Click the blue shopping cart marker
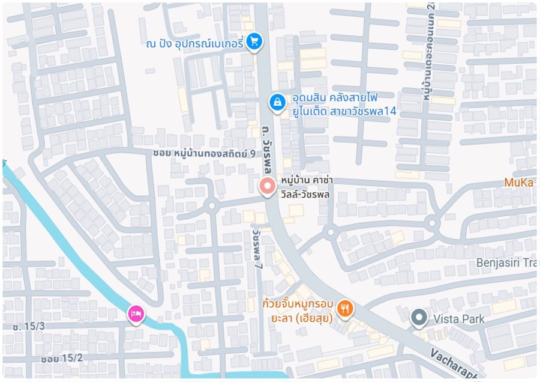click(x=254, y=41)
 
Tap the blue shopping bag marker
click(x=277, y=102)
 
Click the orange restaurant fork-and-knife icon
click(x=346, y=309)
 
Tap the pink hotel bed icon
click(x=136, y=313)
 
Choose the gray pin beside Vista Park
click(x=418, y=317)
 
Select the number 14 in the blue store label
click(x=390, y=111)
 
